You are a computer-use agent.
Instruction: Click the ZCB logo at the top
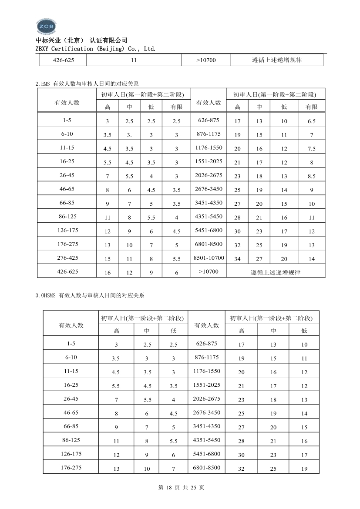tap(46, 26)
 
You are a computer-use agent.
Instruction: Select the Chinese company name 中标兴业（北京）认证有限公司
tap(81, 40)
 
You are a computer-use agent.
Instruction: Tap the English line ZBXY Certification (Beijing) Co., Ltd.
tap(95, 49)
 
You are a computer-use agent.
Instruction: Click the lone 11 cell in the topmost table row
tap(134, 60)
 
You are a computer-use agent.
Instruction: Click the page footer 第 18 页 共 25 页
tap(180, 487)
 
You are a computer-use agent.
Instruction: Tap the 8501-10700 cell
tap(209, 258)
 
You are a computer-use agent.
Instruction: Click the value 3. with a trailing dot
tap(129, 135)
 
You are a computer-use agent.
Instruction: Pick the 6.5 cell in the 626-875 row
tap(311, 121)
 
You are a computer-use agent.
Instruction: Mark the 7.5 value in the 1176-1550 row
tap(311, 149)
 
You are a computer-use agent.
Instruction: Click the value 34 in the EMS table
tap(237, 259)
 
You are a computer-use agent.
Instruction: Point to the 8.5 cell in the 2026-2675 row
tap(311, 176)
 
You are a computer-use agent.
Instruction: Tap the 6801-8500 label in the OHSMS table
tap(207, 468)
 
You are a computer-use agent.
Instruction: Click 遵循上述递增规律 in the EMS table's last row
tap(276, 273)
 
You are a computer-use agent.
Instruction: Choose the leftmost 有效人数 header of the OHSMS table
tap(71, 325)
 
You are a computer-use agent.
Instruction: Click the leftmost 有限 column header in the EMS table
tap(177, 107)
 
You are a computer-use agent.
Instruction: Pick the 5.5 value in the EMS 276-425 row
tap(177, 259)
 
